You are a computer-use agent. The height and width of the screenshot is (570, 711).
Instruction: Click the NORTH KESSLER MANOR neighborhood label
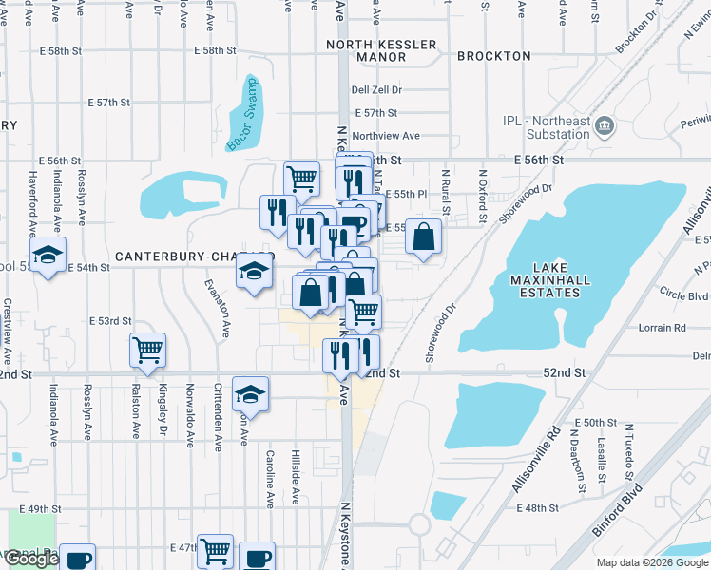[x=381, y=50]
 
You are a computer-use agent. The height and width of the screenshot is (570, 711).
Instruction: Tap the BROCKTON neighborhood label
[x=493, y=56]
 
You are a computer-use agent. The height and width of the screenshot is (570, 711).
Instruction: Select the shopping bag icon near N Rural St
[x=424, y=237]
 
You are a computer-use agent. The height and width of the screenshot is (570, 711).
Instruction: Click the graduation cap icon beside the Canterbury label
[x=254, y=273]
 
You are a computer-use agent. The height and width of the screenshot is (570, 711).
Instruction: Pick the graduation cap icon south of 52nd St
[x=250, y=392]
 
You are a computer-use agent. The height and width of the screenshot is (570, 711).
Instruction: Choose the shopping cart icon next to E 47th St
[x=216, y=550]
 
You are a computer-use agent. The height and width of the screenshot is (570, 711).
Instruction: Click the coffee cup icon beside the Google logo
[x=78, y=559]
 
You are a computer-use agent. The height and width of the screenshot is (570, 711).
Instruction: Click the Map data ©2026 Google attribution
[x=652, y=562]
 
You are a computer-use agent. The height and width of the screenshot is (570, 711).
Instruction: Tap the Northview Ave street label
[x=385, y=136]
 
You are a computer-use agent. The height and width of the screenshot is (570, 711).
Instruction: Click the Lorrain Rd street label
[x=665, y=328]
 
